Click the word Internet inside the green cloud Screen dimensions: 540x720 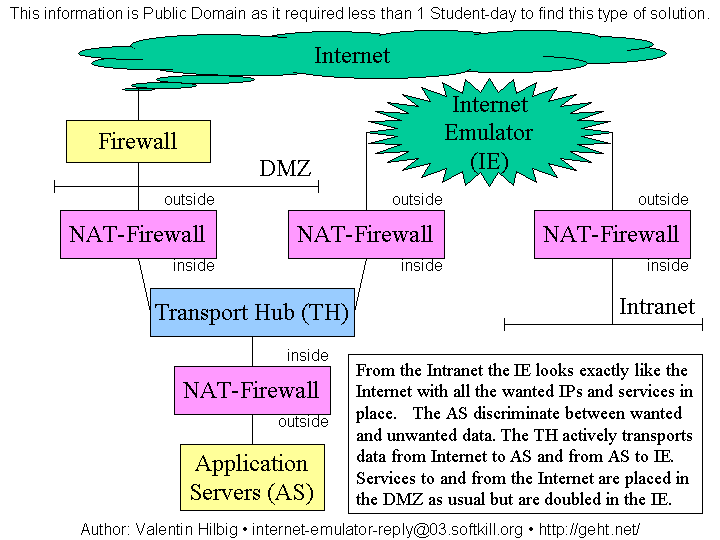[x=352, y=55]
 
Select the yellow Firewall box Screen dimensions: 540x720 [x=138, y=141]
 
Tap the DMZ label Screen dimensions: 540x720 [x=285, y=168]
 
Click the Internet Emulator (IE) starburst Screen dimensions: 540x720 [x=489, y=133]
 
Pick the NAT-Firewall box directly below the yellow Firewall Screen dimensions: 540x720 [x=137, y=235]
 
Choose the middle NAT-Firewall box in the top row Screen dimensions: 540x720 [x=365, y=235]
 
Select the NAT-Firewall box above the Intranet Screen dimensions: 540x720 [x=611, y=235]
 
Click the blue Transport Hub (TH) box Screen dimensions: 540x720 [x=252, y=313]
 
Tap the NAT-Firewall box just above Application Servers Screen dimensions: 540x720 [x=251, y=390]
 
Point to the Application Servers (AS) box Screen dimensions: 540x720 [x=251, y=478]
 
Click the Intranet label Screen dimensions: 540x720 [x=656, y=306]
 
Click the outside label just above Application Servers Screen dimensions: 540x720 [x=303, y=422]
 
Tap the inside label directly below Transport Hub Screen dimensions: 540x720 [x=307, y=355]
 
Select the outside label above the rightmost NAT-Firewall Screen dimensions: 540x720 [x=663, y=199]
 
